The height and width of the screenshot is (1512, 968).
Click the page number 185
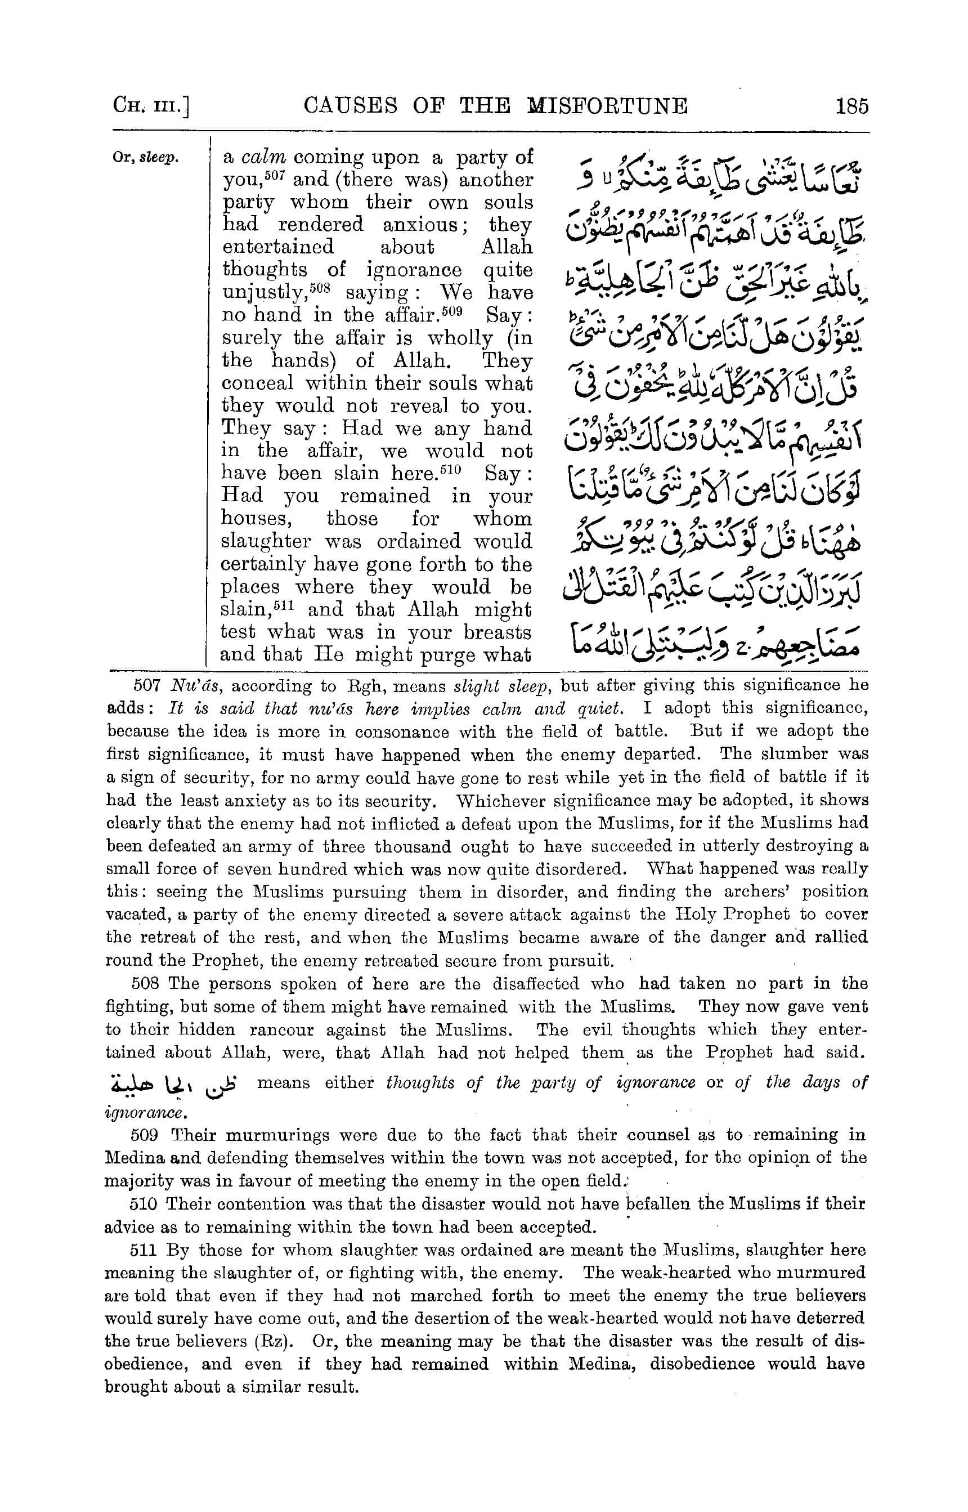coord(852,106)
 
